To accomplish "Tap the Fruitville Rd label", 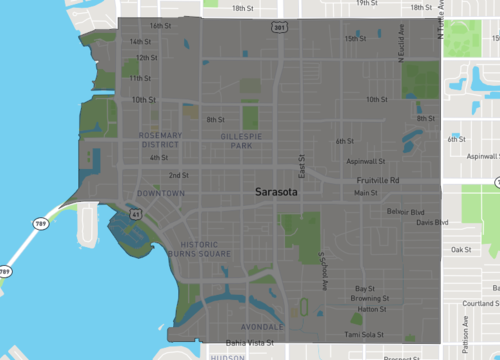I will [380, 180].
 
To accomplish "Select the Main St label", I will [366, 192].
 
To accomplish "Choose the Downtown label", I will [162, 192].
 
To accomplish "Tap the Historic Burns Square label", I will [205, 249].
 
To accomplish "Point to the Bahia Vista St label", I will [249, 342].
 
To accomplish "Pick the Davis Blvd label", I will [432, 223].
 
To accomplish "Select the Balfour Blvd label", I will [405, 212].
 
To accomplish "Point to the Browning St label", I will [369, 298].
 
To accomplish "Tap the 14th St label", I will [140, 42].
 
